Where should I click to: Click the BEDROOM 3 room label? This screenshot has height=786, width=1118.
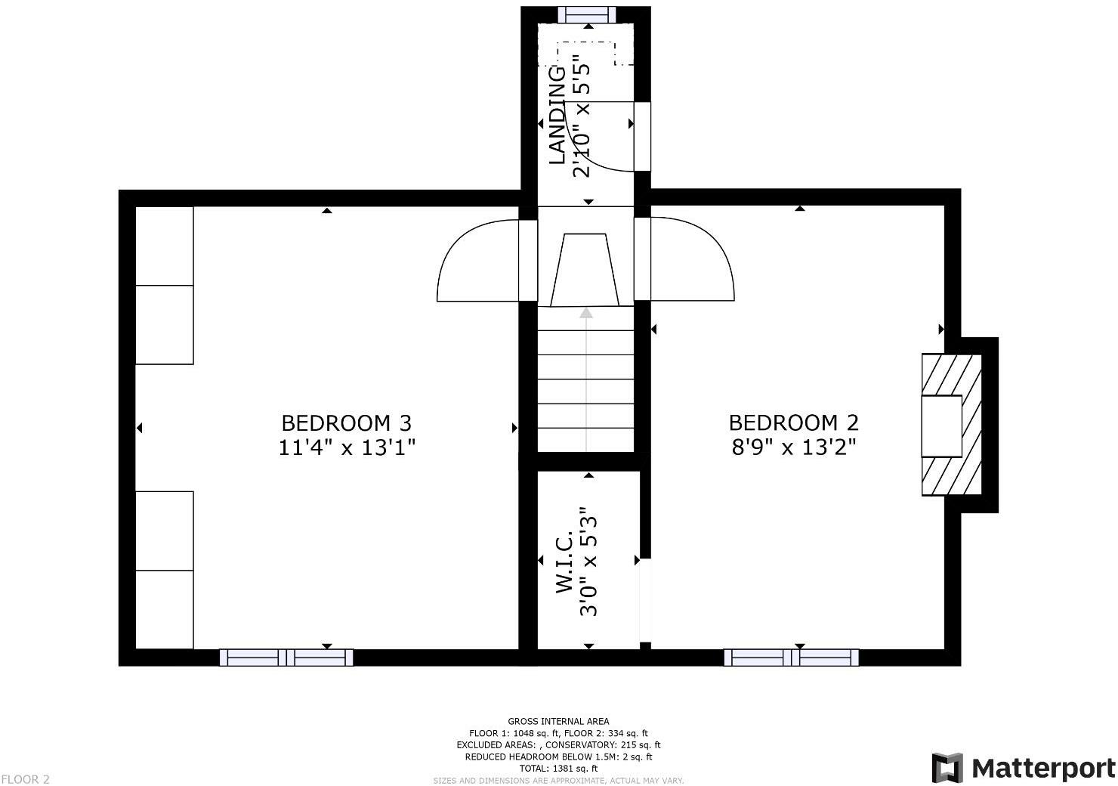click(346, 422)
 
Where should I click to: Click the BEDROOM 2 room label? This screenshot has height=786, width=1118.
click(793, 422)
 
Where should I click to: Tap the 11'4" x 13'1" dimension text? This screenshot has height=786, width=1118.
click(347, 448)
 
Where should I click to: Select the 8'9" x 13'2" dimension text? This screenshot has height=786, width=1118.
click(793, 448)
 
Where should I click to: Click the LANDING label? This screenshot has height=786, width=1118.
click(557, 116)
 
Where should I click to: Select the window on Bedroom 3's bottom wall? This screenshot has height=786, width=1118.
click(286, 658)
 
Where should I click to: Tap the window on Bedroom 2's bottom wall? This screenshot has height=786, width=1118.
click(791, 658)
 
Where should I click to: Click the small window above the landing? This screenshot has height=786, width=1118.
click(587, 14)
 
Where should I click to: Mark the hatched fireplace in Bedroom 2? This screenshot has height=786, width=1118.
click(951, 425)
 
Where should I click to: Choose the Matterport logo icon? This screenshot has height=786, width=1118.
click(947, 768)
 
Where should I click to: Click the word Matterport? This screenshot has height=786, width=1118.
click(1043, 769)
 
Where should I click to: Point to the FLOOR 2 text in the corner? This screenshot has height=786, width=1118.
click(26, 779)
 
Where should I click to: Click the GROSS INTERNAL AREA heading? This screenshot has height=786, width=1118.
click(558, 721)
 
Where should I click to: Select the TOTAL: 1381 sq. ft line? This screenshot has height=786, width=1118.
click(558, 768)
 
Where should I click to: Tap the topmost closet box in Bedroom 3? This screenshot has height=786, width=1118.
click(165, 246)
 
